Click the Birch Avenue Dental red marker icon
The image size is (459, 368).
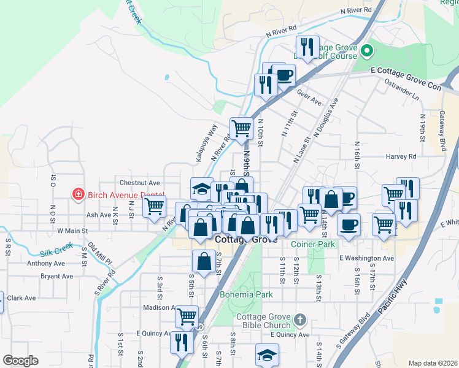pyautogui.click(x=78, y=195)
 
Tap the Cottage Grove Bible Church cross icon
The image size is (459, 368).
pyautogui.click(x=299, y=320)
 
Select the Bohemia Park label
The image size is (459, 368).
pyautogui.click(x=246, y=295)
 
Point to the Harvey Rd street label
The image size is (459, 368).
pyautogui.click(x=401, y=156)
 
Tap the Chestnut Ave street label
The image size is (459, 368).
pyautogui.click(x=139, y=183)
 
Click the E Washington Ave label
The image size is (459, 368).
pyautogui.click(x=367, y=258)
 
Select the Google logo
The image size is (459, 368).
pyautogui.click(x=20, y=360)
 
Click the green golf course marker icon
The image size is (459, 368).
pyautogui.click(x=367, y=50)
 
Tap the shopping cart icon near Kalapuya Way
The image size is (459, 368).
pyautogui.click(x=242, y=129)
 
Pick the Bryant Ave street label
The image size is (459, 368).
pyautogui.click(x=58, y=277)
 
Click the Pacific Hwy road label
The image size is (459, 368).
pyautogui.click(x=393, y=301)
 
